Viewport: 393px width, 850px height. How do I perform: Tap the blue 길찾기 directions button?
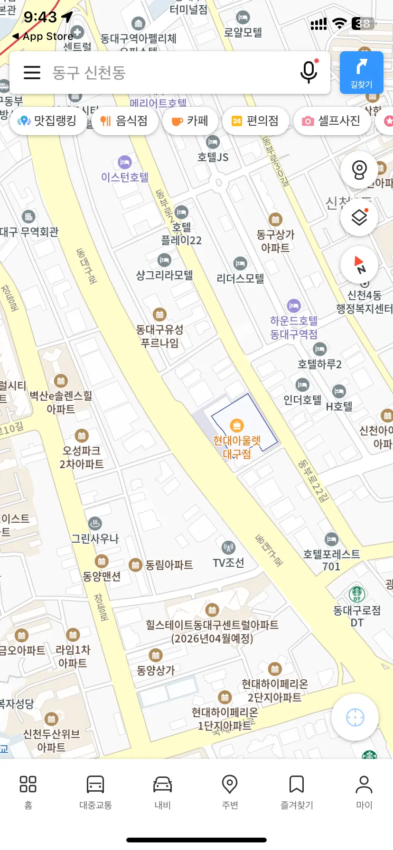pos(361,72)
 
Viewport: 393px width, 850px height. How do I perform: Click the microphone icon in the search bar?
pos(309,72)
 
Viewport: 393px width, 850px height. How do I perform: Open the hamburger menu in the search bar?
pos(32,72)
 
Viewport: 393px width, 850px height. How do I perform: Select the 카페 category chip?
pos(191,121)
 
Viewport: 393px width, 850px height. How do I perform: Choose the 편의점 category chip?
pos(255,121)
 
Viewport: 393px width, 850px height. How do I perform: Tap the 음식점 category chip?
pos(124,121)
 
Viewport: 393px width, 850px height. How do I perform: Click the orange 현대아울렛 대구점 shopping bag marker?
pos(236,425)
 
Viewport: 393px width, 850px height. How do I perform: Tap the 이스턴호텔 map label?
pos(125,177)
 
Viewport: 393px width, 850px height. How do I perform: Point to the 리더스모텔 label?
pos(240,278)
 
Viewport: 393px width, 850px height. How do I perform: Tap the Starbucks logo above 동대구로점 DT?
pos(357,593)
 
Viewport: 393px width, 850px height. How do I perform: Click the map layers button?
pos(359,217)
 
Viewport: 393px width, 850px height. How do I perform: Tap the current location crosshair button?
pos(355,717)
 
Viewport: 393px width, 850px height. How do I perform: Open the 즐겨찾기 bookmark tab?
pos(297,792)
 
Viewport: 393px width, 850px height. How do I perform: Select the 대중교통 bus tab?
pos(95,792)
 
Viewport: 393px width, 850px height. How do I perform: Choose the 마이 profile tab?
pos(364,792)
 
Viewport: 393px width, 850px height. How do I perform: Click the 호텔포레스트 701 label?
pos(331,560)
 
